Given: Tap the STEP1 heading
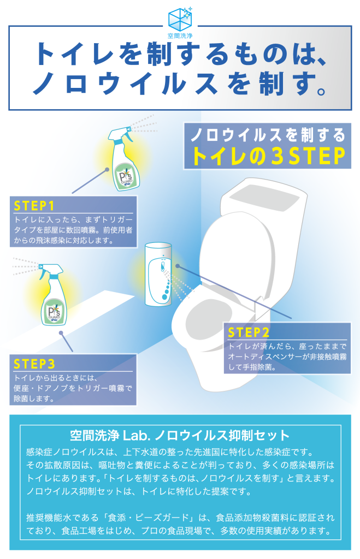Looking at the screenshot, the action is [x=34, y=206].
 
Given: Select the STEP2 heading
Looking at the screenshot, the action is [x=249, y=332].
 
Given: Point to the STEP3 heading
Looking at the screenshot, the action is [x=34, y=364].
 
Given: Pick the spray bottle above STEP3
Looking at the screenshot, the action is [x=53, y=294].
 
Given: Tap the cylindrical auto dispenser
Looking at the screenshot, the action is [x=158, y=274].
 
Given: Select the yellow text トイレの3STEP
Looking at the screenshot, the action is [x=268, y=156].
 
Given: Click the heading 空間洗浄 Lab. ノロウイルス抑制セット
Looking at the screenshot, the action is [x=180, y=436].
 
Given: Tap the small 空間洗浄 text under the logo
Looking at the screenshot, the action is [x=180, y=36].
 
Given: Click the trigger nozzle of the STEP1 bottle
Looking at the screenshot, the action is [x=121, y=135].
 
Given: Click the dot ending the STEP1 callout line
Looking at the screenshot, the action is [x=107, y=170].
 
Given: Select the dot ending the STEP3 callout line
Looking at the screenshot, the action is [x=61, y=333].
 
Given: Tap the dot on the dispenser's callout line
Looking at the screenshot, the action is [x=178, y=266].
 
